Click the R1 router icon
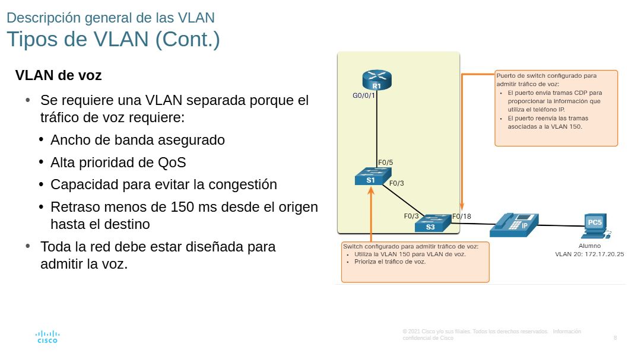(377, 80)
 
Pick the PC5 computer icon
(594, 224)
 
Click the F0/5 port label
(386, 162)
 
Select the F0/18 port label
(461, 216)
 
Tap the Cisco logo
(47, 337)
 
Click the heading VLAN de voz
(58, 76)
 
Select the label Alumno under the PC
(589, 246)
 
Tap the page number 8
(615, 338)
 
